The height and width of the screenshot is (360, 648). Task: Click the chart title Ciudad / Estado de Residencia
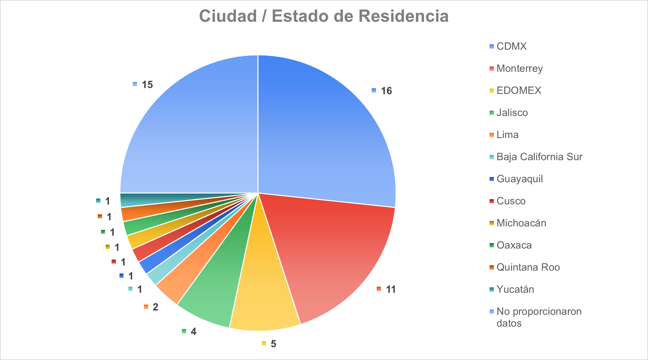click(324, 16)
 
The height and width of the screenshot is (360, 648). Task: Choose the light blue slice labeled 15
click(191, 132)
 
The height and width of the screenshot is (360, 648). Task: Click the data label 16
click(386, 91)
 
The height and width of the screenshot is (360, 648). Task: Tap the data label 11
click(391, 290)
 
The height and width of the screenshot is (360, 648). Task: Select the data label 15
click(147, 85)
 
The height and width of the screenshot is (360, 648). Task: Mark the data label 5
click(273, 344)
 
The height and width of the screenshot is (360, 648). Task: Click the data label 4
click(193, 332)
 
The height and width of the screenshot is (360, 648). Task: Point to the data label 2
click(155, 307)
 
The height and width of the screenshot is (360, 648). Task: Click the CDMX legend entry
click(511, 46)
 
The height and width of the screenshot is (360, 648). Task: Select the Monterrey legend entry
click(519, 68)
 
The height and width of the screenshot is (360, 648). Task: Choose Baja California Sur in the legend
click(539, 157)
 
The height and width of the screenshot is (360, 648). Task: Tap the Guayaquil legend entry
click(519, 179)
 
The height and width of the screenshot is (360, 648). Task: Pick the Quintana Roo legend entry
click(528, 267)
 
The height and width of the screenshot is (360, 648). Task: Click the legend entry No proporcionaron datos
click(538, 317)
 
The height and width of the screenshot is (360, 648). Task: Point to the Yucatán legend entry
click(515, 289)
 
